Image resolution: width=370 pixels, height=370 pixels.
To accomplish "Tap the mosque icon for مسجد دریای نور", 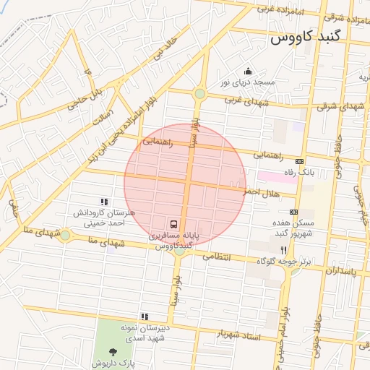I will [248, 71].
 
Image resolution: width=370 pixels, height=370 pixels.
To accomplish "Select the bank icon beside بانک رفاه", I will [300, 160].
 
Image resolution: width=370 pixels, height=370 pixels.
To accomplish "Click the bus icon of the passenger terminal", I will [174, 224].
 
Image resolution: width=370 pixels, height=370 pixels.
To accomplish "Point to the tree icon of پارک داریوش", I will [112, 352].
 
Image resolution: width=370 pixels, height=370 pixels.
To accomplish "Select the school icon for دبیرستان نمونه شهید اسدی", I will [145, 316].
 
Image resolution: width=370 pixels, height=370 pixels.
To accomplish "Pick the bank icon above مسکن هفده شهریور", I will [293, 212].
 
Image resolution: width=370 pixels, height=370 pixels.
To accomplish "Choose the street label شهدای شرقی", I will [335, 106].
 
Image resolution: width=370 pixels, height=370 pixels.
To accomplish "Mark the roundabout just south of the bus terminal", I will [178, 251].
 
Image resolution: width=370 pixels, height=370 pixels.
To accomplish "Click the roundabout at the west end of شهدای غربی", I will [199, 93].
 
